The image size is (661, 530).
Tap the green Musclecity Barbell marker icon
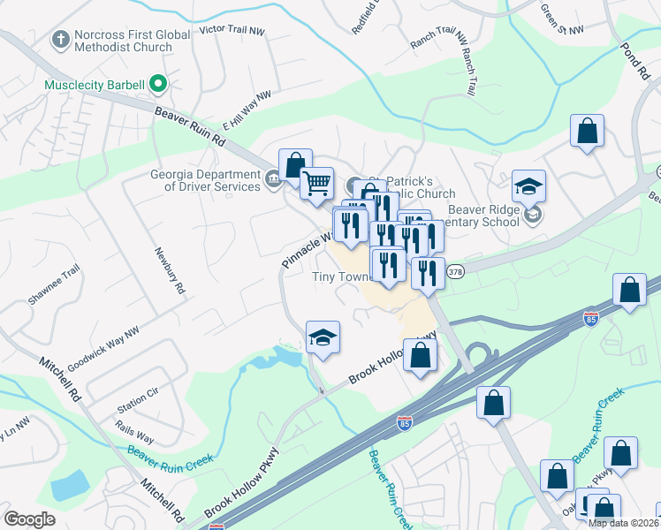pyautogui.click(x=159, y=85)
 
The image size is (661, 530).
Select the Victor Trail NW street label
pyautogui.click(x=232, y=29)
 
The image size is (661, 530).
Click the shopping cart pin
pyautogui.click(x=316, y=184)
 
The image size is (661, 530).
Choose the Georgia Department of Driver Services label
pyautogui.click(x=206, y=180)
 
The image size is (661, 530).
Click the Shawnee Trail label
pyautogui.click(x=54, y=284)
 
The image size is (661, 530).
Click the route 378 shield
pyautogui.click(x=454, y=271)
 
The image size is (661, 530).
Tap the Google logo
pyautogui.click(x=30, y=519)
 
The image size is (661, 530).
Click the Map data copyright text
pyautogui.click(x=623, y=523)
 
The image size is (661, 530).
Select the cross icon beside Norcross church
pyautogui.click(x=60, y=39)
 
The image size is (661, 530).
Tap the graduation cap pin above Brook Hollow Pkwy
pyautogui.click(x=323, y=337)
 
